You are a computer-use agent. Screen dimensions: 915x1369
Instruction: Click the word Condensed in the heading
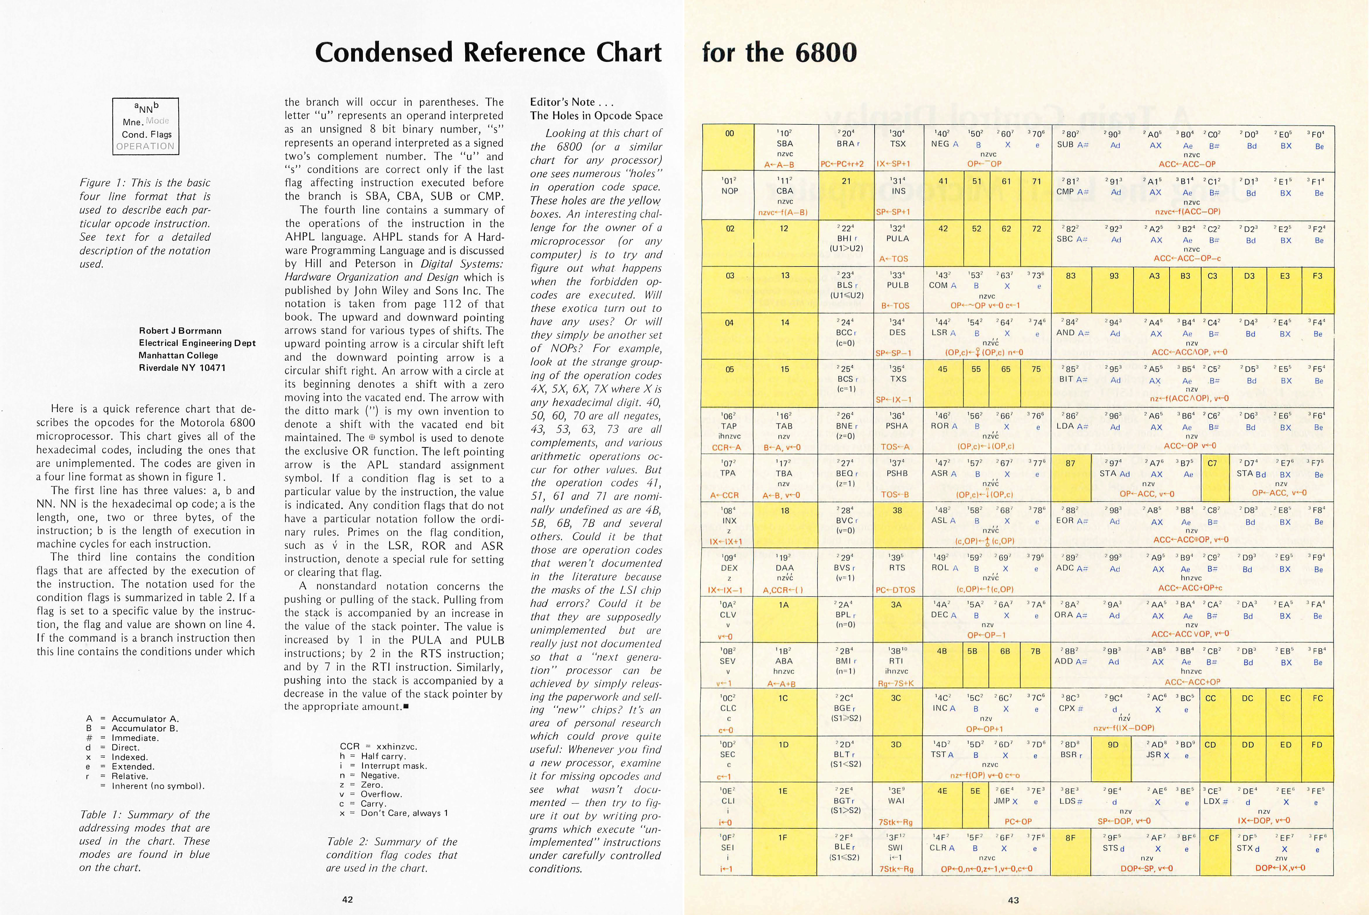coord(383,53)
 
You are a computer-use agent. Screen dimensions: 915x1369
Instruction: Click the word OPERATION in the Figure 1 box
coord(145,147)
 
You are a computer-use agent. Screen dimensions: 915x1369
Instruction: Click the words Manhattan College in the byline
coord(178,355)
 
